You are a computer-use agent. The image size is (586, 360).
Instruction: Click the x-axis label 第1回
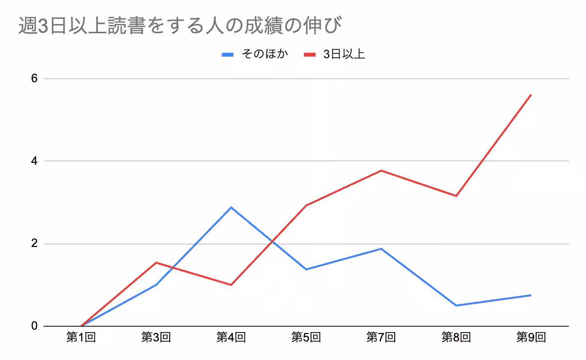pos(81,337)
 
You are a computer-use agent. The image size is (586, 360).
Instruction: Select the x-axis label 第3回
pos(156,337)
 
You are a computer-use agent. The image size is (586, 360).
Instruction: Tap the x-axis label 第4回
pos(231,337)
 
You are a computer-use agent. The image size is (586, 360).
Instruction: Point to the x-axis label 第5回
pos(306,337)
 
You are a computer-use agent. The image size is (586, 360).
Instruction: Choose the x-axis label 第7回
pos(381,337)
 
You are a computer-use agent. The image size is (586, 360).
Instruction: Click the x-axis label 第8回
pos(456,337)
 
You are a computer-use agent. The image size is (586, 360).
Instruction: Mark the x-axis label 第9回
pos(531,337)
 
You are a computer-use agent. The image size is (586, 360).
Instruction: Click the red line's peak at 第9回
pos(531,95)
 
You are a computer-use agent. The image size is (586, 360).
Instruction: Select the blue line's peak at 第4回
pos(231,207)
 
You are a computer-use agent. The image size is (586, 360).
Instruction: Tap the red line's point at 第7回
pos(381,170)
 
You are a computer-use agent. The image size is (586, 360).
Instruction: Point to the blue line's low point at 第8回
pos(456,305)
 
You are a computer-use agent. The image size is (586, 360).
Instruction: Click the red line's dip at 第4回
pos(231,285)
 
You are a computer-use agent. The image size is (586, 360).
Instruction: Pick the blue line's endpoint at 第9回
pos(531,295)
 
